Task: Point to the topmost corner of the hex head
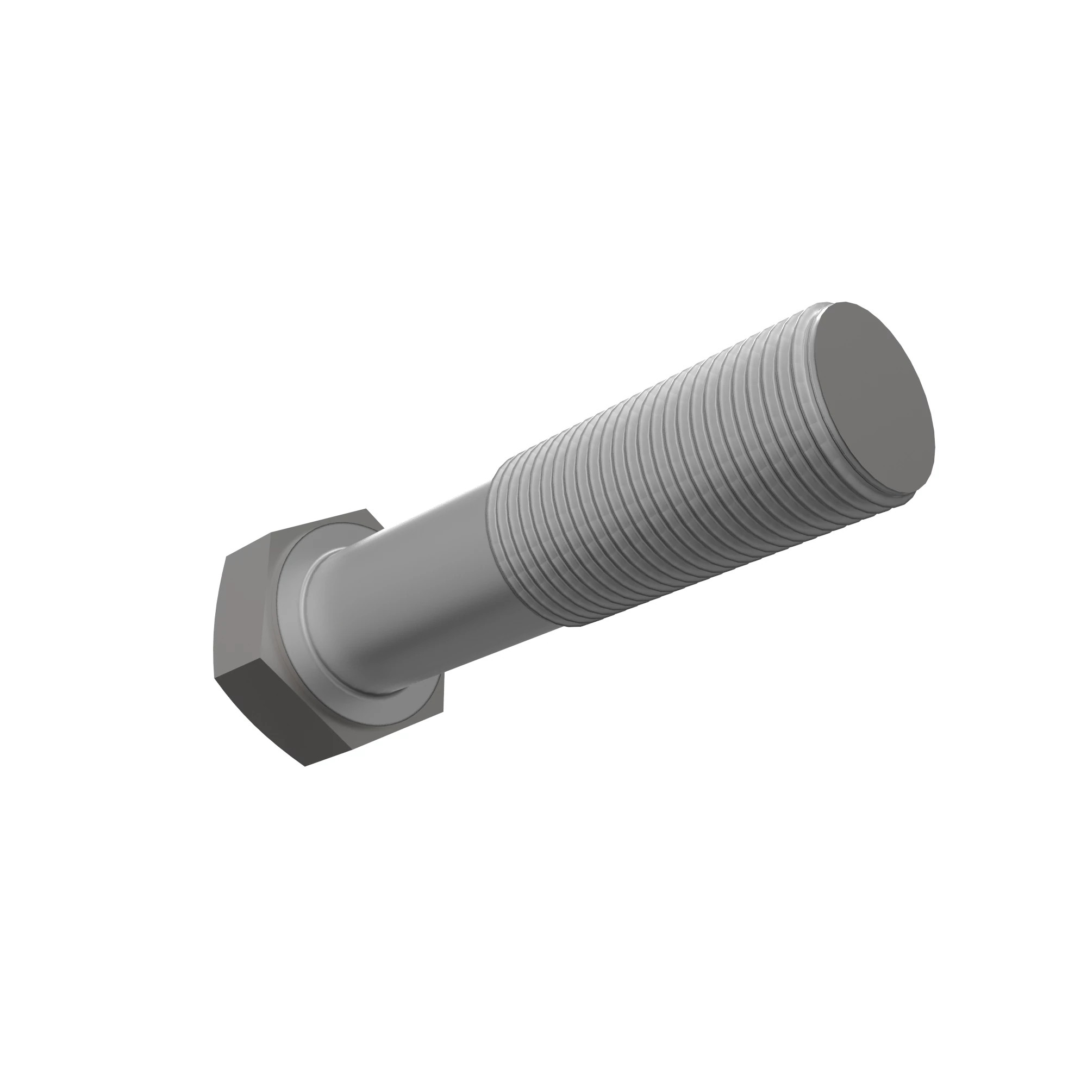[x=363, y=509]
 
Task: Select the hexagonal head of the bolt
[x=265, y=636]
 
